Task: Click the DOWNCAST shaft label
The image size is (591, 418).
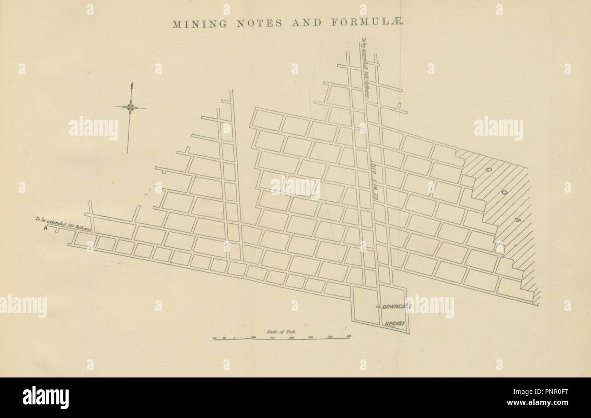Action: point(396,307)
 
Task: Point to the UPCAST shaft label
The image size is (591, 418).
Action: point(394,324)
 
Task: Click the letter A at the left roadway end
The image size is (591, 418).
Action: point(45,229)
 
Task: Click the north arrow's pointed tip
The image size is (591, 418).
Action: point(131,84)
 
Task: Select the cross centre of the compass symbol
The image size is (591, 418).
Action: point(130,107)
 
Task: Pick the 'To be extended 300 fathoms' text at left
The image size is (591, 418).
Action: point(64,224)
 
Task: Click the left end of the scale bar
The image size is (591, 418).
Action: point(213,339)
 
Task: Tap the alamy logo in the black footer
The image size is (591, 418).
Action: point(45,398)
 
